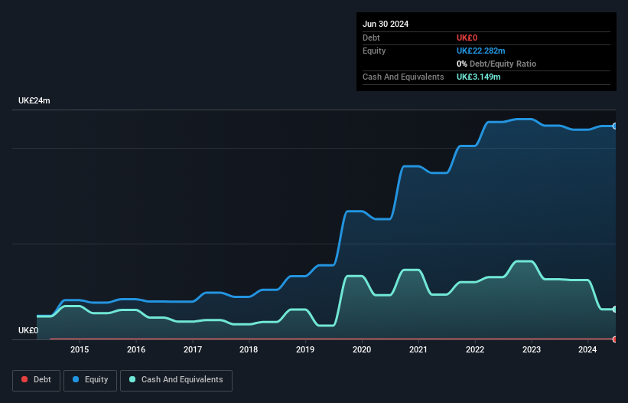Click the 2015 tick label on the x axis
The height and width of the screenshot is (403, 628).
[x=80, y=350]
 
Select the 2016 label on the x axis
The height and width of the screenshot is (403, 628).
[x=136, y=350]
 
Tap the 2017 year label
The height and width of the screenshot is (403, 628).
[x=193, y=350]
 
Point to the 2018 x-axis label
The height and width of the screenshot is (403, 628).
[x=249, y=350]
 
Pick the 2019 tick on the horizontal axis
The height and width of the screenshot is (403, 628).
[x=305, y=350]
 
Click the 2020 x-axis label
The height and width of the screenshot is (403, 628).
[x=362, y=350]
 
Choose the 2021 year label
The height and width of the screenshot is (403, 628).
[x=418, y=350]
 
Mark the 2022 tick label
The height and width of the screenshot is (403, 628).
[x=475, y=350]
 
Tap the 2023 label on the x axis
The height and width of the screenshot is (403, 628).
[x=532, y=350]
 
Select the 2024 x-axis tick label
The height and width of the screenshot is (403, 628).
[x=587, y=350]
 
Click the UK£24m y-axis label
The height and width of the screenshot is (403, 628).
[x=34, y=101]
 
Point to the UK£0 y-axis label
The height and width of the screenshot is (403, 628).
[x=28, y=330]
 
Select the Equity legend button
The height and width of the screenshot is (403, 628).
[x=90, y=380]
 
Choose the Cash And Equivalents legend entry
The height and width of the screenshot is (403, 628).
[x=176, y=380]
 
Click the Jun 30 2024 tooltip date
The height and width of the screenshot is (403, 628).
[x=386, y=24]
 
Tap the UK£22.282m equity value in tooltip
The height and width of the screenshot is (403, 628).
[x=481, y=51]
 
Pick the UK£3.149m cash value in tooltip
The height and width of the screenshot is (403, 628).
[x=478, y=77]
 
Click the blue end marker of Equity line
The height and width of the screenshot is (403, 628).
[x=615, y=126]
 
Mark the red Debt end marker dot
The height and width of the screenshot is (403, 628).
[x=615, y=339]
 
